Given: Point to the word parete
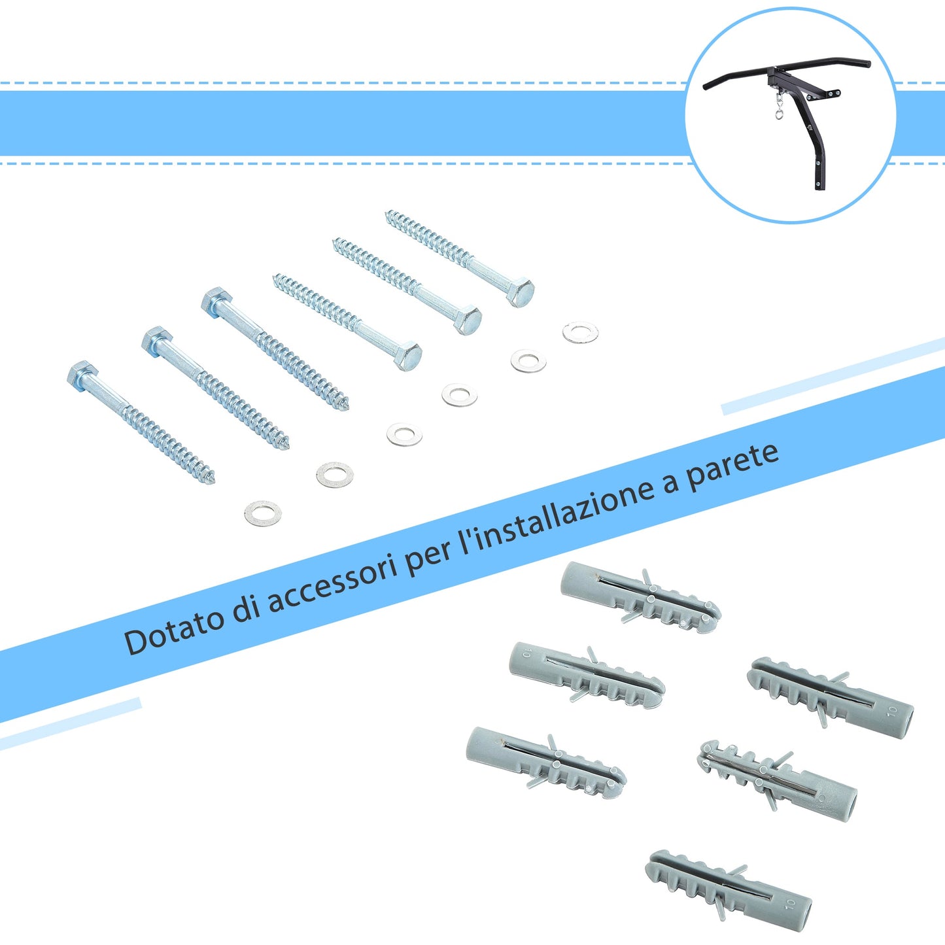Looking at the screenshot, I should tap(732, 460).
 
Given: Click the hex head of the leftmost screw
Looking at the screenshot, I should tap(82, 375).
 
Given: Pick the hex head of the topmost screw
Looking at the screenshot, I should tap(521, 292).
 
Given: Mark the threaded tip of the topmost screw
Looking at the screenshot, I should tap(390, 215).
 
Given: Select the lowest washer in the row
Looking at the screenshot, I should tap(263, 513).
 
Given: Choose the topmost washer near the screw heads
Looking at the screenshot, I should tap(580, 332).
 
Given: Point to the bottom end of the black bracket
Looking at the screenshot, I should tap(819, 186).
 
